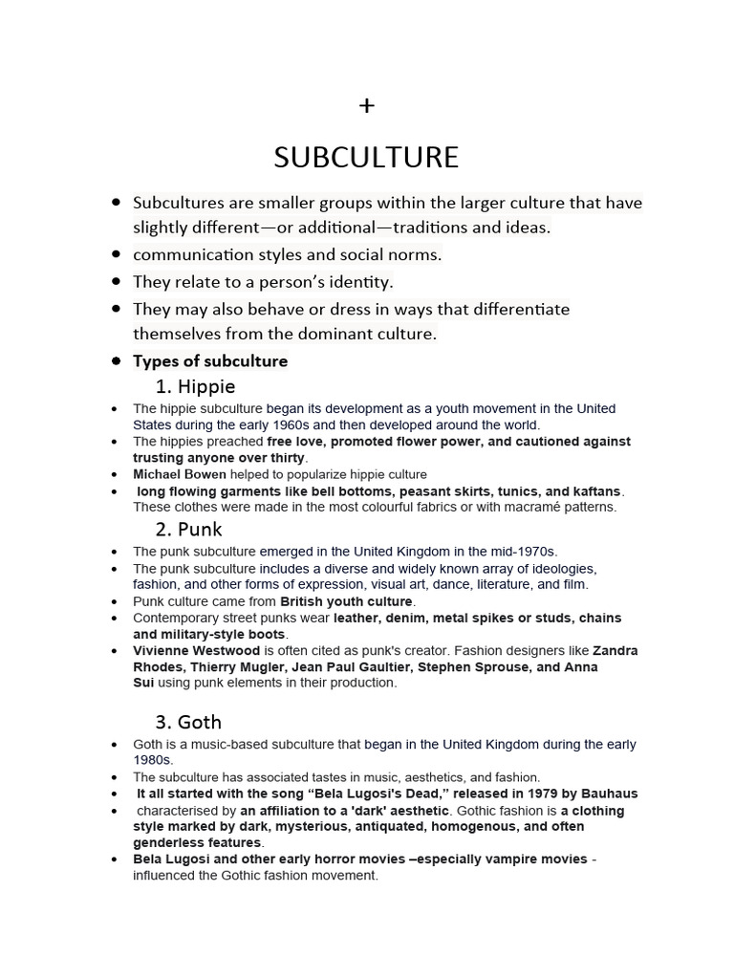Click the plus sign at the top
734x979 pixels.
click(x=367, y=106)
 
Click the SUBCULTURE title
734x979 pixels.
click(x=366, y=157)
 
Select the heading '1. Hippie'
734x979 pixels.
click(x=195, y=386)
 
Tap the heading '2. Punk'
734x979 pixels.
click(x=189, y=529)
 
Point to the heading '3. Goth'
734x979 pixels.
click(x=188, y=722)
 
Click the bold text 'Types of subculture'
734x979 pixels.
click(x=210, y=361)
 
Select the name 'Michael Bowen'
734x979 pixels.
click(x=180, y=474)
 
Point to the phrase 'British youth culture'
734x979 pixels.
click(x=346, y=601)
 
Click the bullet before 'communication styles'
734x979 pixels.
click(x=116, y=255)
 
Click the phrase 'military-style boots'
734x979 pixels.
click(x=220, y=634)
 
